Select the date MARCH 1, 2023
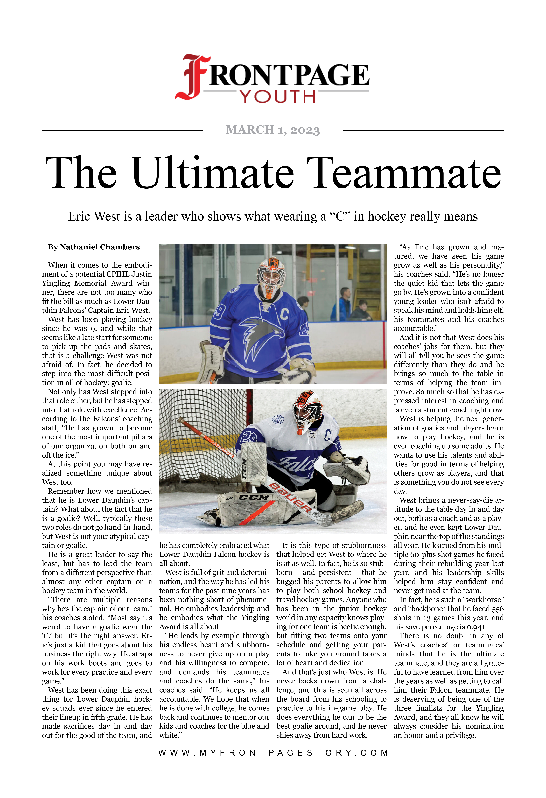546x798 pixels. coord(273,130)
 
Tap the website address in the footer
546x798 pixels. coord(273,753)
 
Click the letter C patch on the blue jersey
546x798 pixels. coord(285,313)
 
